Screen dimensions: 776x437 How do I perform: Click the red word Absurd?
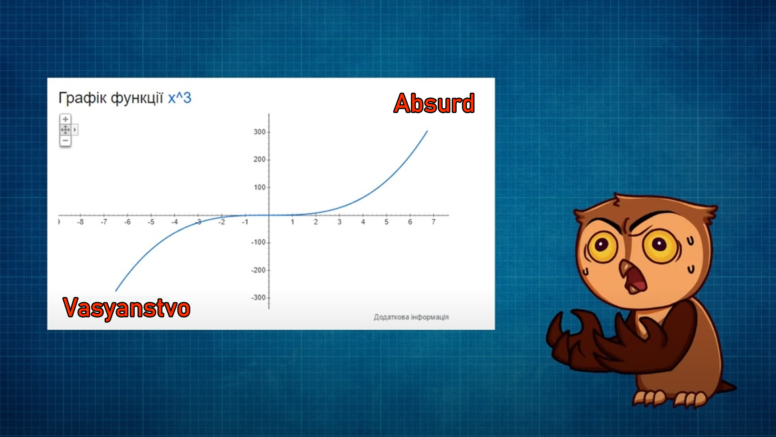(434, 103)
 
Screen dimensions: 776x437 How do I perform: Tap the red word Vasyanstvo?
(127, 308)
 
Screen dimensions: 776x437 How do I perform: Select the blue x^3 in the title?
(179, 98)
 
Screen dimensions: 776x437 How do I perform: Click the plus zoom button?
(65, 119)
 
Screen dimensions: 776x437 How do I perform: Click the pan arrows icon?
(65, 130)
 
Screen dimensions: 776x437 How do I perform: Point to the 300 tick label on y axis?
(259, 132)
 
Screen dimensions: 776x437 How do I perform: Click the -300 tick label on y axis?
(258, 298)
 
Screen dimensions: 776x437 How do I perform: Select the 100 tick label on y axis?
(259, 187)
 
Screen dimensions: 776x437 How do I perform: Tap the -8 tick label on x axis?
(80, 222)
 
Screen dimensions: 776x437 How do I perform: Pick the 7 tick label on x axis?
(434, 222)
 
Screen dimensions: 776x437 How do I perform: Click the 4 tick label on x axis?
(363, 222)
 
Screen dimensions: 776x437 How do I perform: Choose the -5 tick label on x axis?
(151, 222)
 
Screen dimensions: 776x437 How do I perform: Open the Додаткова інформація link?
(411, 317)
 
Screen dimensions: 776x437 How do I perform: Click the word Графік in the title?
(82, 98)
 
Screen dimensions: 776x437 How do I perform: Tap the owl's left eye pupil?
(601, 245)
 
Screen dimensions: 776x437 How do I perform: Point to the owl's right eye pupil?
(658, 244)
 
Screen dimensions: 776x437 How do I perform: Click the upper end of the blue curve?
(427, 131)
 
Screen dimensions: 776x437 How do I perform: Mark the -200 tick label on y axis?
(258, 270)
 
